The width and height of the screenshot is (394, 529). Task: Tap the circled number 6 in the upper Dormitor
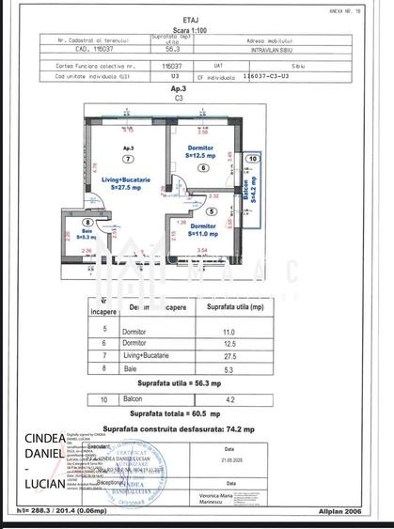click(202, 168)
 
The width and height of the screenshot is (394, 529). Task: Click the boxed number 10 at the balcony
click(250, 160)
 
